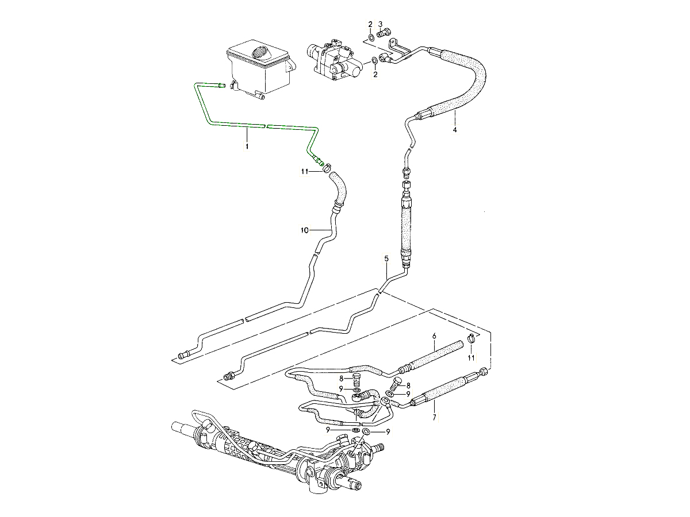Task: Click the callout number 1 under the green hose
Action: (247, 147)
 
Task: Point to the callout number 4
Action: (454, 130)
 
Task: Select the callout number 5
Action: (386, 259)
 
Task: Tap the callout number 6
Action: (434, 334)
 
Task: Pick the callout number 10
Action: (304, 230)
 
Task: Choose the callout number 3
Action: (381, 24)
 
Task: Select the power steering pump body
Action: (334, 60)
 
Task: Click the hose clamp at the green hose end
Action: (327, 168)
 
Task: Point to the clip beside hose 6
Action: (471, 338)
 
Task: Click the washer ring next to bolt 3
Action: (370, 38)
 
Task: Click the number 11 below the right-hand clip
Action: (471, 357)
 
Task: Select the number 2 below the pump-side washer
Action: (375, 74)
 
